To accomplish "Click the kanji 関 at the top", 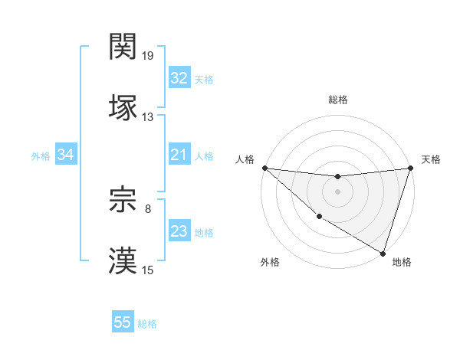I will click(x=123, y=47).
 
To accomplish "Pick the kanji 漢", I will click(x=123, y=260).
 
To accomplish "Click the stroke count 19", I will click(x=148, y=56).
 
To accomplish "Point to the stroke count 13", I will click(x=148, y=116).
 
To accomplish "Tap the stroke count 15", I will click(x=148, y=269).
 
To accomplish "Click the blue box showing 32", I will click(x=179, y=78).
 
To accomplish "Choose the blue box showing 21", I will click(x=179, y=155).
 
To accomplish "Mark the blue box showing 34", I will click(x=66, y=155).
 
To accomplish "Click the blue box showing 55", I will click(x=123, y=322).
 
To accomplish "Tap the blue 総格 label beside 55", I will click(x=147, y=324).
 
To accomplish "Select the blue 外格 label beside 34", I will click(x=41, y=156).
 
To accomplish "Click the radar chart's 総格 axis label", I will click(x=338, y=100).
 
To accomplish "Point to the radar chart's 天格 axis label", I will click(x=431, y=159).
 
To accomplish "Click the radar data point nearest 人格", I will click(x=264, y=168).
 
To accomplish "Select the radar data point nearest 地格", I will click(x=383, y=253).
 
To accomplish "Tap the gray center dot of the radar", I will click(x=338, y=191).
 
